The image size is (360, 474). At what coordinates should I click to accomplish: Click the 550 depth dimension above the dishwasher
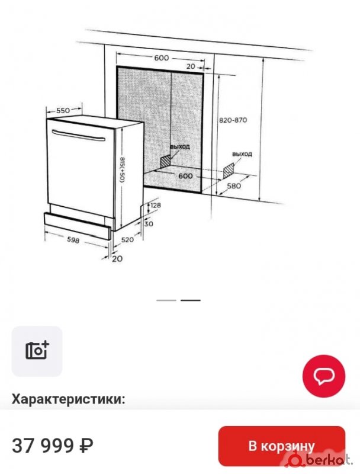click(x=63, y=111)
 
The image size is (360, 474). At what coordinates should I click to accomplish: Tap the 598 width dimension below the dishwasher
click(x=73, y=240)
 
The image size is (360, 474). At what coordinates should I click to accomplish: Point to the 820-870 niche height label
click(x=233, y=120)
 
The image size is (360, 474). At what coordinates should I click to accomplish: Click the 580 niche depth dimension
click(x=234, y=185)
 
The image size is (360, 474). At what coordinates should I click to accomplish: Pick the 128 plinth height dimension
click(x=156, y=205)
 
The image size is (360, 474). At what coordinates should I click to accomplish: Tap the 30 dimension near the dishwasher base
click(x=149, y=224)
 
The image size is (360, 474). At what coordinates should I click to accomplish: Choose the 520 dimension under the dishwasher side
click(x=127, y=240)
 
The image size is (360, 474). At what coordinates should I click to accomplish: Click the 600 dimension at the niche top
click(x=162, y=57)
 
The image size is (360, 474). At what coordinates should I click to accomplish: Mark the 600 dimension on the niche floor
click(x=185, y=176)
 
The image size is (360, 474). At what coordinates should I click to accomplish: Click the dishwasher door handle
click(x=79, y=136)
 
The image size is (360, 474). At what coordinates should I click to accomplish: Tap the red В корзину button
click(x=281, y=446)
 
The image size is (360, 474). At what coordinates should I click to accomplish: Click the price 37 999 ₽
click(x=53, y=446)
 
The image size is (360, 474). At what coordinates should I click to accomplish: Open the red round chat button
click(x=324, y=376)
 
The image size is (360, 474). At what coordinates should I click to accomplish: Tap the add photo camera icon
click(x=37, y=351)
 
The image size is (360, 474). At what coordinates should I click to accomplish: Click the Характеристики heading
click(x=68, y=399)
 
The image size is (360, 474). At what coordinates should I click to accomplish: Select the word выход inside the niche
click(x=179, y=147)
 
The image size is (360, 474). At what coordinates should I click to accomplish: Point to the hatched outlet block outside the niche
click(x=229, y=171)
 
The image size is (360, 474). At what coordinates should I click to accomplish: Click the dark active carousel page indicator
click(x=191, y=300)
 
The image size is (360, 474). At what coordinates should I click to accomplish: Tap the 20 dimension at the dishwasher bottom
click(x=117, y=259)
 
